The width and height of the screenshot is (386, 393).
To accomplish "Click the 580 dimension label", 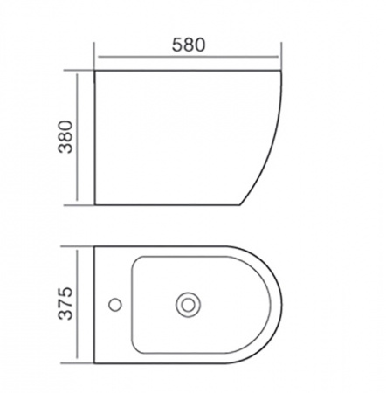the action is point(189,45).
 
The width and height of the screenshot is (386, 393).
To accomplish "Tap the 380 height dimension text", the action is point(65,137).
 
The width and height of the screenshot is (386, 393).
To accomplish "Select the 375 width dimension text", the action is point(65,304).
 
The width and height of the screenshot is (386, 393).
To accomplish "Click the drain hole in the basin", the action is point(188,305).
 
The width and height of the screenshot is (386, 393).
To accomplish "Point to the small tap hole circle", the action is point(115,305).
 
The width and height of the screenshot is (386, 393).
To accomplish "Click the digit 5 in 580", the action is point(177,45).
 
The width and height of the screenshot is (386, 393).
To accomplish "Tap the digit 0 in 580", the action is point(200,45).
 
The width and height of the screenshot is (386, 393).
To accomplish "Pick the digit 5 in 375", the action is point(65,293).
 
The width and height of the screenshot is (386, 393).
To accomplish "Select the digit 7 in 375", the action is point(65,304).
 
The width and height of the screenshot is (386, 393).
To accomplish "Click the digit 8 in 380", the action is point(65,137).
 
